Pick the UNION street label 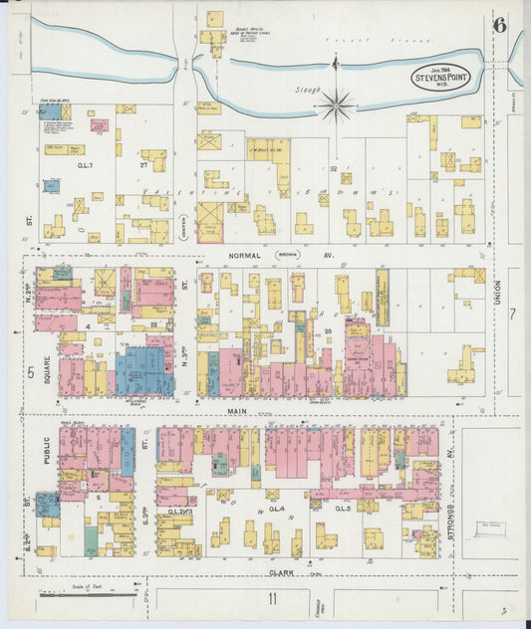(497, 296)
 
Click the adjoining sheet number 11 (270, 597)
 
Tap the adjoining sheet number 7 (513, 315)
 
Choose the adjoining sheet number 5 (31, 373)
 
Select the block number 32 (334, 168)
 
